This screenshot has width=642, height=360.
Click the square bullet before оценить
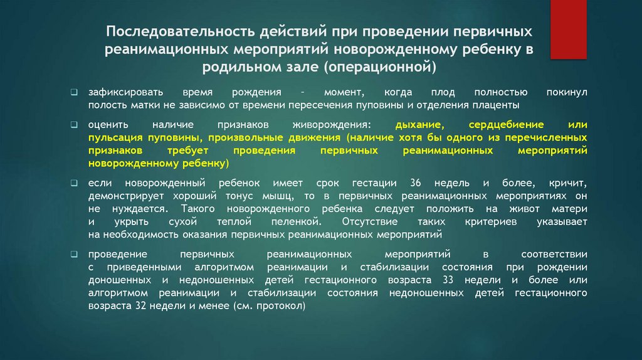point(74,125)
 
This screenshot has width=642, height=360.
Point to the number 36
point(414,183)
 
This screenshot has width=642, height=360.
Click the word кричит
point(566,183)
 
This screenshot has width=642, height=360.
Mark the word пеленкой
point(298,222)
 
